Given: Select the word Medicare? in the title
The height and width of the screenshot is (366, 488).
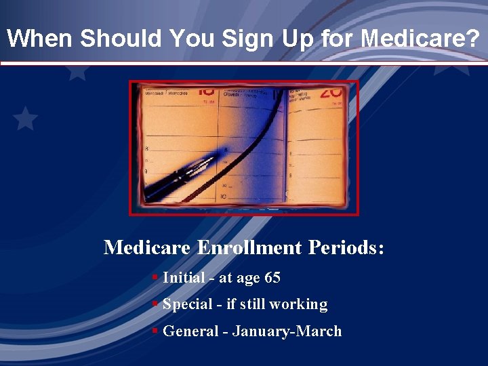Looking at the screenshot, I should pos(420,38).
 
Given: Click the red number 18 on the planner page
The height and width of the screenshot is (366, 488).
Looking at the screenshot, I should pos(206,91).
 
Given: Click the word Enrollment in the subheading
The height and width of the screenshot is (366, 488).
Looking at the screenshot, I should pos(249,247).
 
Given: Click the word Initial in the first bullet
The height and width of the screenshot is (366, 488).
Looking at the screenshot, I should pos(184,278).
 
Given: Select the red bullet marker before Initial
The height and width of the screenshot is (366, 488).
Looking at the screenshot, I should pos(155,277).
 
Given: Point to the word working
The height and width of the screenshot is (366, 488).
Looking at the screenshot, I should pos(298,305).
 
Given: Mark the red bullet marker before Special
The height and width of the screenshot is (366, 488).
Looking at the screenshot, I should pos(155,304).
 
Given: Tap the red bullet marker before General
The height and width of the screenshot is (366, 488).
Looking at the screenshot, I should pos(155,330).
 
